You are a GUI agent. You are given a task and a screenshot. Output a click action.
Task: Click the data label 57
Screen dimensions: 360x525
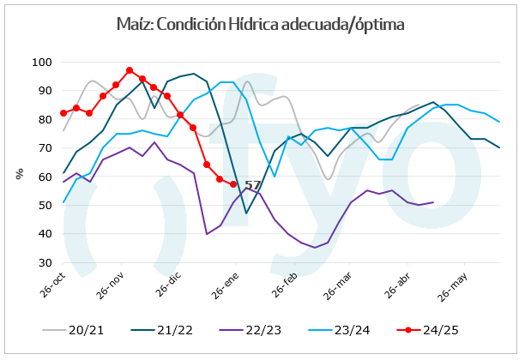pyautogui.click(x=252, y=185)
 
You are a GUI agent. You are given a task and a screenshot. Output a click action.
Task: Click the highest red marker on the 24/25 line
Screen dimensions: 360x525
pyautogui.click(x=130, y=70)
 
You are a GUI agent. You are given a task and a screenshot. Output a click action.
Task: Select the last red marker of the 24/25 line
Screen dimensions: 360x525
pyautogui.click(x=233, y=184)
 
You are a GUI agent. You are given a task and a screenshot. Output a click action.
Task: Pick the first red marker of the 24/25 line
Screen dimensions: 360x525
pyautogui.click(x=64, y=113)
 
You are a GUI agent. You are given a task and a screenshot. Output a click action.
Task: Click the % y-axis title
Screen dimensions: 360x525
pyautogui.click(x=18, y=174)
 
